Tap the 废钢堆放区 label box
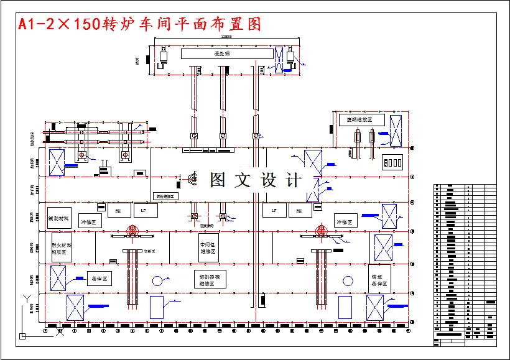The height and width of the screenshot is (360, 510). coord(362,120)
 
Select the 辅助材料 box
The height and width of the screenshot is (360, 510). coord(60,218)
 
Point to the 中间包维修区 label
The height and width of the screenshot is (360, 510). coord(208,248)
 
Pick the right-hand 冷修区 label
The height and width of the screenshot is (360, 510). coord(345,222)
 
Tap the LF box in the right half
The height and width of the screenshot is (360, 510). coord(274,211)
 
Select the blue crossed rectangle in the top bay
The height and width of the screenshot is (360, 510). coord(280,60)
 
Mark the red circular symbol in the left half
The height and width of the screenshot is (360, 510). coord(132,231)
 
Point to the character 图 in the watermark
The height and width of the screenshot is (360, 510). coord(218,180)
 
